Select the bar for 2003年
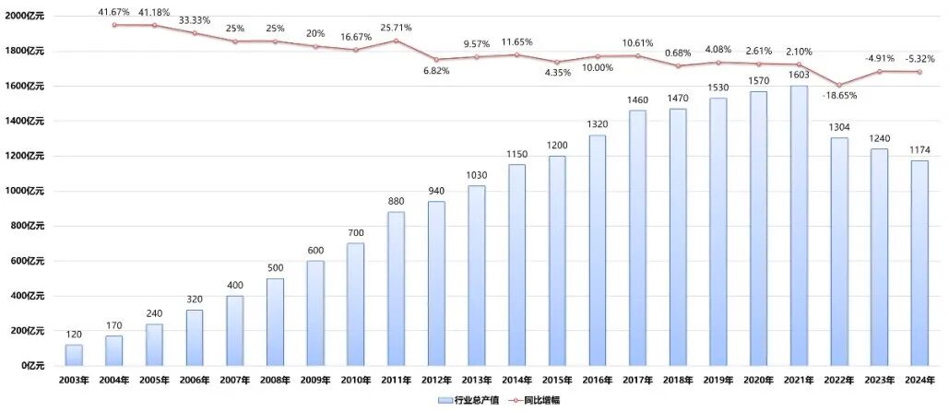pyautogui.click(x=74, y=355)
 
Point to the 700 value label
pyautogui.click(x=356, y=234)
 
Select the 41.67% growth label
pyautogui.click(x=115, y=10)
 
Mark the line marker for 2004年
pyautogui.click(x=114, y=25)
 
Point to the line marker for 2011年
pyautogui.click(x=397, y=41)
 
